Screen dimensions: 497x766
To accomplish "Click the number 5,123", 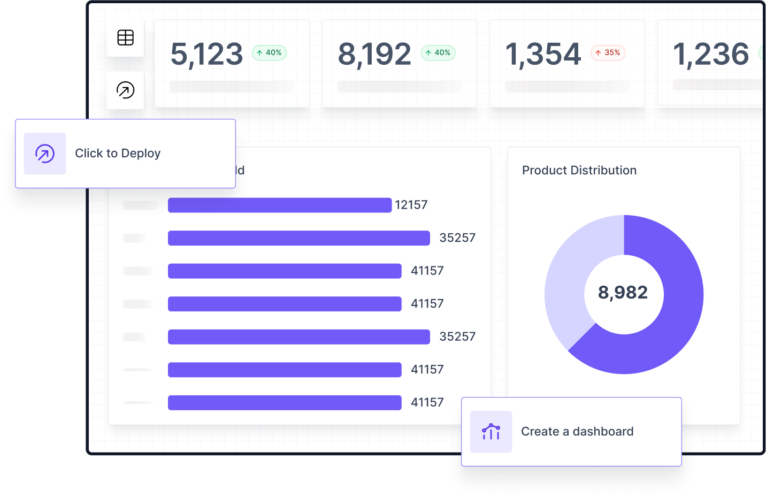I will [206, 54].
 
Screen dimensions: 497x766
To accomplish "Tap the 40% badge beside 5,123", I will [269, 52].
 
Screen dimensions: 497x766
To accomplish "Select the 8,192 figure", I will [374, 54].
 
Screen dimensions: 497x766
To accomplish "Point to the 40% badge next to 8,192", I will [438, 52].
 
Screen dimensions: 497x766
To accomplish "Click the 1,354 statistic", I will [543, 54].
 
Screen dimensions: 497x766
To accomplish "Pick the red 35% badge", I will [608, 52].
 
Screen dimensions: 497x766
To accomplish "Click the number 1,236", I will [710, 54].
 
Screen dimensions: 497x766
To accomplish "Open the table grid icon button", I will [126, 38].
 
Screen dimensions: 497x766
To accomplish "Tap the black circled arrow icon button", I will [126, 90].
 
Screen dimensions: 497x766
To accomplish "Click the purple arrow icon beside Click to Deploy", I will [45, 154].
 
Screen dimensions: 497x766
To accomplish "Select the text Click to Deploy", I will [118, 154].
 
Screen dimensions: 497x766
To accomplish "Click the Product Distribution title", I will [579, 170].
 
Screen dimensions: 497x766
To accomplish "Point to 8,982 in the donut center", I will [623, 293].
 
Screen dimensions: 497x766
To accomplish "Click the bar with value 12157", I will [279, 205].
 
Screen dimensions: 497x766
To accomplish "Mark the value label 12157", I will [411, 205].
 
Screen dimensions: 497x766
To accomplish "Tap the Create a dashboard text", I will [577, 431].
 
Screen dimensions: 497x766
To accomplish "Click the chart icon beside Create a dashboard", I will [491, 432].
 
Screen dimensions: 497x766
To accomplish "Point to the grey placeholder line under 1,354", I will [567, 86].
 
